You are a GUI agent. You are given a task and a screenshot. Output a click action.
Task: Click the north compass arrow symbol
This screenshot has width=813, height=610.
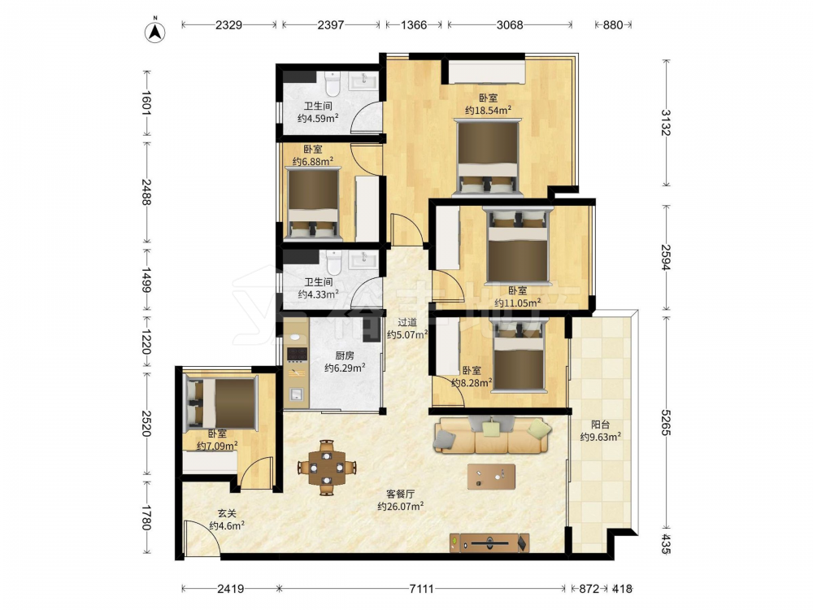pyautogui.click(x=154, y=32)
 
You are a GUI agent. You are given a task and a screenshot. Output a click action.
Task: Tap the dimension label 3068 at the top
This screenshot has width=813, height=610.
pyautogui.click(x=510, y=25)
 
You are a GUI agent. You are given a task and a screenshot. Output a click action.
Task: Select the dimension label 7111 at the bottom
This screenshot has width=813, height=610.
pyautogui.click(x=421, y=589)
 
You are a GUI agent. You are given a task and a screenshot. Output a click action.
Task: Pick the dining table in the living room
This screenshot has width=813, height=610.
pyautogui.click(x=327, y=468)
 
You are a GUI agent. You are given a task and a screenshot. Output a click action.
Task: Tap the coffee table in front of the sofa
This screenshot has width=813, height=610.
pyautogui.click(x=491, y=476)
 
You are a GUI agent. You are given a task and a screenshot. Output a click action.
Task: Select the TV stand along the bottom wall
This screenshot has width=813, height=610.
pyautogui.click(x=489, y=543)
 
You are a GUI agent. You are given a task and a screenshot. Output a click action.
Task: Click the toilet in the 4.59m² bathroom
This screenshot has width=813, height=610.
pyautogui.click(x=332, y=84)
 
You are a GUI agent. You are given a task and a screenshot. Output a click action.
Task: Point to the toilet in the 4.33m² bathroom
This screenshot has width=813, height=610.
pyautogui.click(x=334, y=263)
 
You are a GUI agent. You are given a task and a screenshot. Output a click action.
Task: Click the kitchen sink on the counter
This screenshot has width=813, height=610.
pyautogui.click(x=296, y=394)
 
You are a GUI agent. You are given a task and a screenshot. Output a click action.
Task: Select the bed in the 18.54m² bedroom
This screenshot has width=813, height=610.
pyautogui.click(x=487, y=158)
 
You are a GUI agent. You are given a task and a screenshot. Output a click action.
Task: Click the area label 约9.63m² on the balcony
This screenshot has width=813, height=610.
pyautogui.click(x=601, y=438)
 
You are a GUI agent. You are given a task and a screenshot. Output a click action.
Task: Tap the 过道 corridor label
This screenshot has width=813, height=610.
pyautogui.click(x=407, y=323)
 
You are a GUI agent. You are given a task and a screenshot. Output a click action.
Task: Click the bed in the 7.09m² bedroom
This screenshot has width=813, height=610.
pyautogui.click(x=221, y=403)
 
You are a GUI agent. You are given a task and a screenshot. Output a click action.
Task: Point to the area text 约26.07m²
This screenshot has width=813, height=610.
pyautogui.click(x=400, y=507)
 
